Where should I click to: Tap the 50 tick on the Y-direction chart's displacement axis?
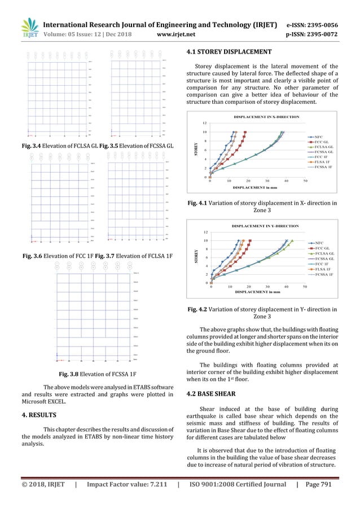tap(305, 287)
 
